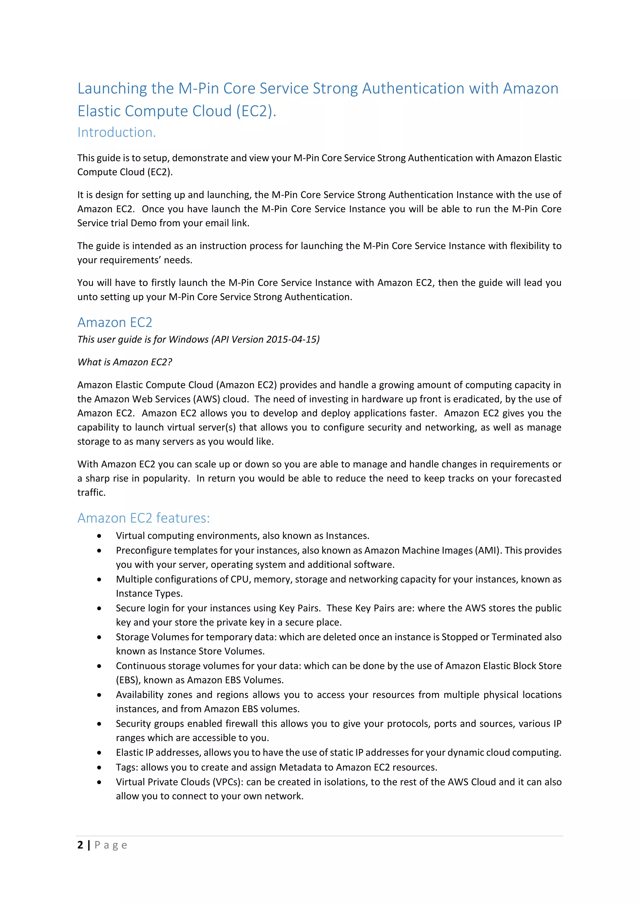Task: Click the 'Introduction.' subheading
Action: pyautogui.click(x=116, y=132)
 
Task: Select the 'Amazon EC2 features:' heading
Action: pyautogui.click(x=144, y=518)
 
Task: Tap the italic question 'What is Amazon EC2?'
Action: pyautogui.click(x=125, y=362)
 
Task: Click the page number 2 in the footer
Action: pyautogui.click(x=80, y=845)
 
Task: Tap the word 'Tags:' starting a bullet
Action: pyautogui.click(x=127, y=767)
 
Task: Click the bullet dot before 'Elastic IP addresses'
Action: pyautogui.click(x=100, y=753)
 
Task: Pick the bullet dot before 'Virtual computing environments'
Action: pyautogui.click(x=100, y=536)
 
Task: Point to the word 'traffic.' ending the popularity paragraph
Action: pyautogui.click(x=91, y=493)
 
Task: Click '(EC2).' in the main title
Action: pyautogui.click(x=256, y=111)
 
